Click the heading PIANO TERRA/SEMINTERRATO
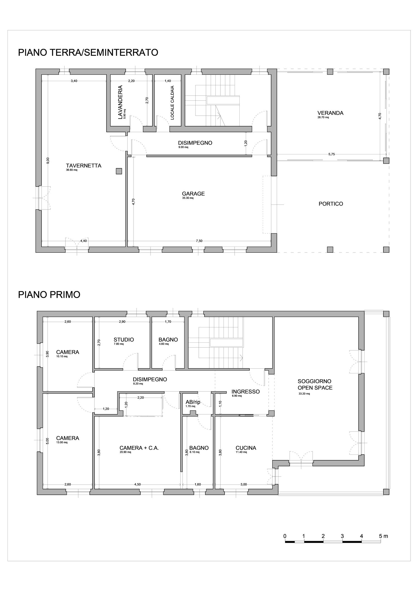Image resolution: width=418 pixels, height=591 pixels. pos(88,52)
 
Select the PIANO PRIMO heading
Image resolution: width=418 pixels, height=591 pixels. pos(49,295)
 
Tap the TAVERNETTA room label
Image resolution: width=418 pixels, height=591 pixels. pos(84,166)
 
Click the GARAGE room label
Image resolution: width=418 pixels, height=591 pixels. pos(193,194)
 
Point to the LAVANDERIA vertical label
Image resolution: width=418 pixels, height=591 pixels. pos(120,102)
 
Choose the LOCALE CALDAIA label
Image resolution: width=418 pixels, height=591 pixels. pos(172,103)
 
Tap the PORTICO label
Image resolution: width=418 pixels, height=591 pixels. pos(331,204)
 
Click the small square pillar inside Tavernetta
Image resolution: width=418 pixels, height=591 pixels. pos(119,171)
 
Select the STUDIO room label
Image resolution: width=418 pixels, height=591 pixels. pos(124,340)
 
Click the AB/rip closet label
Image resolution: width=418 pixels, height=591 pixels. pos(193,402)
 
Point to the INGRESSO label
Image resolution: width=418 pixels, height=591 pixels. pos(246,391)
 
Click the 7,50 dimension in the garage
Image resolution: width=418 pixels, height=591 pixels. pos(199,241)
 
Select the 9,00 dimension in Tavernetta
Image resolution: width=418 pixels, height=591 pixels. pos(48,160)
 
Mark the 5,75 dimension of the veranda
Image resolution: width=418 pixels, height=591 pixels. pos(331,154)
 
